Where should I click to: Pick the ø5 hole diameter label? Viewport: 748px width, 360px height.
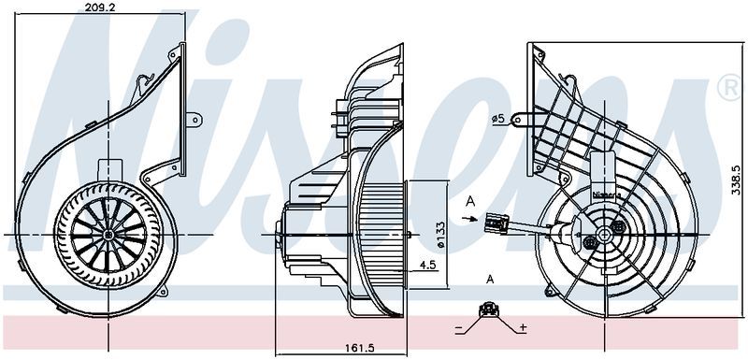point(499,119)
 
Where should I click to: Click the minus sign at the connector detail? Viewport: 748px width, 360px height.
point(460,328)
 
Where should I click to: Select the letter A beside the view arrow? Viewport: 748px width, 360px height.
point(469,200)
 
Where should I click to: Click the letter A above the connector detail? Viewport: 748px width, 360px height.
point(490,279)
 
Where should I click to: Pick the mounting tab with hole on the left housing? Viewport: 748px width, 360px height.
point(194,119)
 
